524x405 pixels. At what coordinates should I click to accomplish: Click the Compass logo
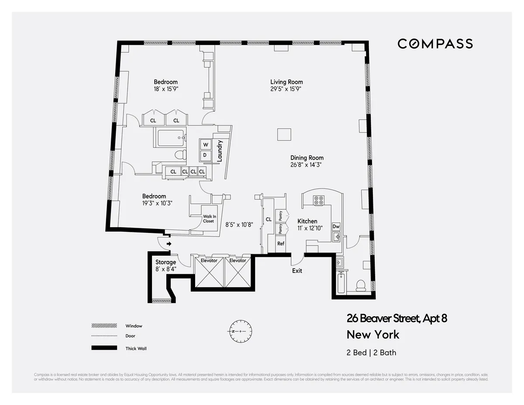click(x=435, y=44)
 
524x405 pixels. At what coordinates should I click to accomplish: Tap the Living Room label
click(x=286, y=82)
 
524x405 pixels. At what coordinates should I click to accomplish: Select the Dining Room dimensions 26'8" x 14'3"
click(x=307, y=165)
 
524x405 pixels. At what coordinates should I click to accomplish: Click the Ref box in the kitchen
click(x=281, y=243)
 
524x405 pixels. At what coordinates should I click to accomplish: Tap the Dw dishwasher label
click(x=336, y=226)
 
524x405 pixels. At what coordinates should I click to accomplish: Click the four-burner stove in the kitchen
click(x=319, y=200)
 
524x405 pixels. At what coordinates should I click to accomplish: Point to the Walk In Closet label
click(x=208, y=218)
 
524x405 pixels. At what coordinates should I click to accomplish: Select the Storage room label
click(x=165, y=262)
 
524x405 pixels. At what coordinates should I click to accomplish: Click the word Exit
click(x=297, y=271)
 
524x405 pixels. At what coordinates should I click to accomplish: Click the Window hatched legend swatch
click(x=104, y=326)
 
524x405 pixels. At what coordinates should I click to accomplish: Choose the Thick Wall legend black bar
click(x=104, y=348)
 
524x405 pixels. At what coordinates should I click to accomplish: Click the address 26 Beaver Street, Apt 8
click(x=396, y=318)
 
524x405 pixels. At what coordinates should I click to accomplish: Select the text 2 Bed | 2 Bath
click(x=371, y=352)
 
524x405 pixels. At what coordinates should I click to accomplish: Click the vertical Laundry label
click(x=220, y=150)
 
